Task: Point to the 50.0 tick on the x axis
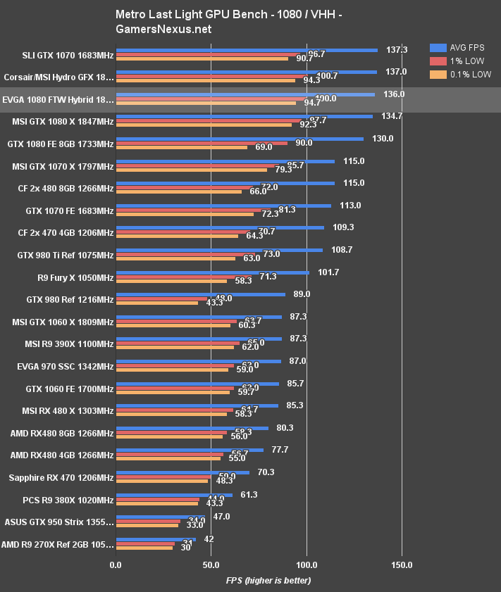pyautogui.click(x=211, y=565)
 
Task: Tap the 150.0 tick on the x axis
pyautogui.click(x=401, y=565)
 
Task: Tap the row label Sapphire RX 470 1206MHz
pyautogui.click(x=61, y=478)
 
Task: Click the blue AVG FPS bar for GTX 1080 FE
pyautogui.click(x=240, y=139)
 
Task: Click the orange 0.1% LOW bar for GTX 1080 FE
pyautogui.click(x=182, y=148)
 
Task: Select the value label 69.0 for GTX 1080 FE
pyautogui.click(x=264, y=148)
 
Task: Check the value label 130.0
pyautogui.click(x=383, y=139)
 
